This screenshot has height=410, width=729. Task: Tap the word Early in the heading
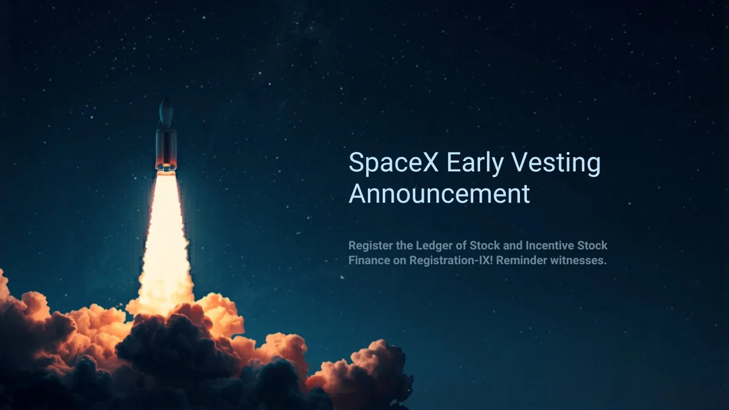point(475,163)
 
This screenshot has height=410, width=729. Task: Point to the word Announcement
point(439,194)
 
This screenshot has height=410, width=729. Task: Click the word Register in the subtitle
point(371,245)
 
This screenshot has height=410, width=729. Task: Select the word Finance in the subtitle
point(369,261)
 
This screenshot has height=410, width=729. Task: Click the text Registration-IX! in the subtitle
point(451,261)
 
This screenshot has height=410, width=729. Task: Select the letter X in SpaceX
point(431,162)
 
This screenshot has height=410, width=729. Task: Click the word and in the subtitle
point(513,245)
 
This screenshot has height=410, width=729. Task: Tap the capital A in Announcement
point(358,194)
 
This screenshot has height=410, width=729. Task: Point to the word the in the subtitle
point(405,245)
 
